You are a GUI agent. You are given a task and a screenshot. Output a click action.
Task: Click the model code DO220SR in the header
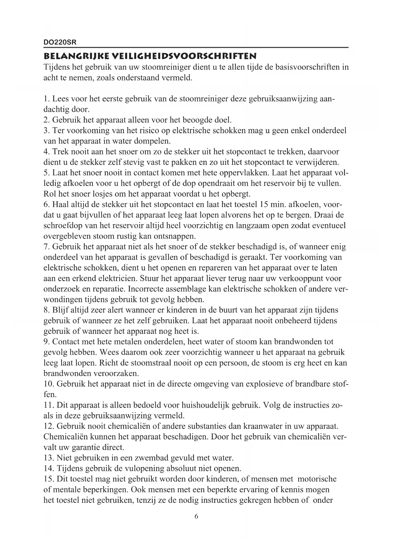pos(60,42)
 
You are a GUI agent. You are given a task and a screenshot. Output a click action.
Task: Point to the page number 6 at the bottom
pos(196,516)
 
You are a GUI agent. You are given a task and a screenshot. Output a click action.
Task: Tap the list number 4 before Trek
pos(46,152)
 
